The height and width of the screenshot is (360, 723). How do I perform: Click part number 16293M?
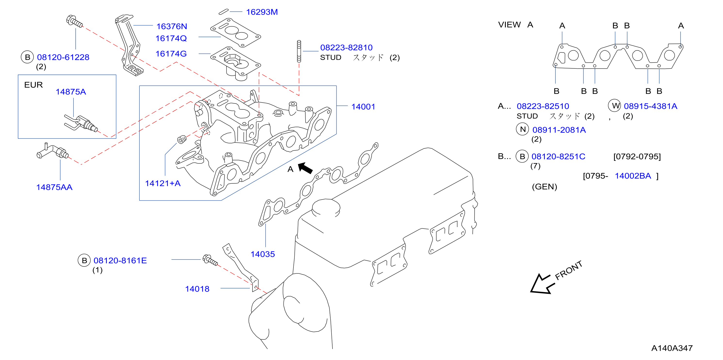262,12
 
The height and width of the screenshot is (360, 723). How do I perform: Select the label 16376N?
171,26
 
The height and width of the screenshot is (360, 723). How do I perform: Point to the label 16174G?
171,54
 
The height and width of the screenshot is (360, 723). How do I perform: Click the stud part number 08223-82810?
346,48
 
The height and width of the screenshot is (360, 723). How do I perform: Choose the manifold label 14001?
363,107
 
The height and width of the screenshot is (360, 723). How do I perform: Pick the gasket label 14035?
263,254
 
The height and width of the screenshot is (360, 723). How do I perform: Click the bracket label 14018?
197,289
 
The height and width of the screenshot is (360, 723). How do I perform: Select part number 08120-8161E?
120,261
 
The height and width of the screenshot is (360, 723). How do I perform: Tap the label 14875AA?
55,187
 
